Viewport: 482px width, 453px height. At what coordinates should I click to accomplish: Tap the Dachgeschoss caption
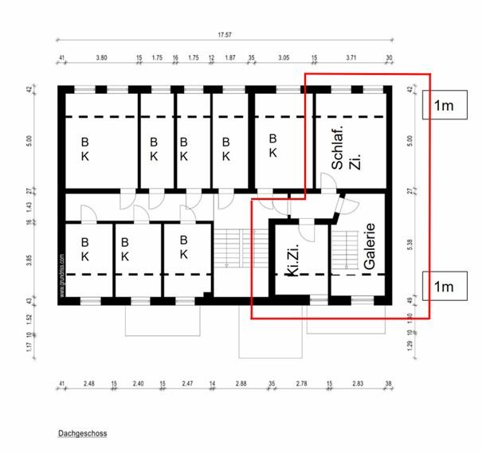[82, 435]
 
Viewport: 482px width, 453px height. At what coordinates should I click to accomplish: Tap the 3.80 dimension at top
[101, 58]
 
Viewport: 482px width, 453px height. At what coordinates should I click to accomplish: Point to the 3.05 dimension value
[283, 58]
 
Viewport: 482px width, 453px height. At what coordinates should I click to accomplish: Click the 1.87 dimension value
[230, 58]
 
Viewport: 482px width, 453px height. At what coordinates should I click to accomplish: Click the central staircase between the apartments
[230, 248]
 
